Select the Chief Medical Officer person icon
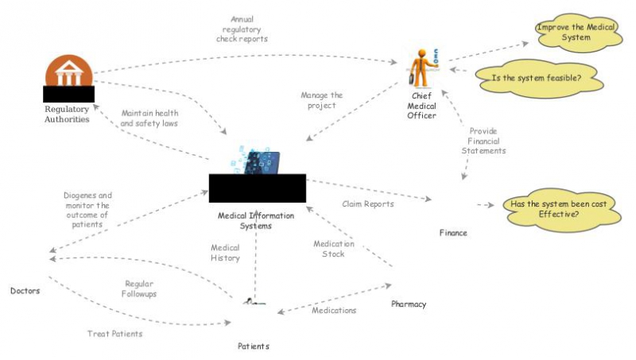[x=421, y=68]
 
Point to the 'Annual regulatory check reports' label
[x=242, y=29]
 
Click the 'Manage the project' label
[x=321, y=100]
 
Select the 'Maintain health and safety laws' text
[x=149, y=118]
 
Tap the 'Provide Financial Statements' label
[x=486, y=141]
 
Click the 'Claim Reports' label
[x=367, y=204]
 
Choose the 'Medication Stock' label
[x=333, y=249]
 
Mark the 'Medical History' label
[x=225, y=253]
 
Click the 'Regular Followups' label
[x=139, y=289]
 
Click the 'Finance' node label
[x=453, y=233]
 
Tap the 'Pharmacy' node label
[x=409, y=304]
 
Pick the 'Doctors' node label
[x=25, y=291]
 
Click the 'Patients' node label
[x=254, y=346]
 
